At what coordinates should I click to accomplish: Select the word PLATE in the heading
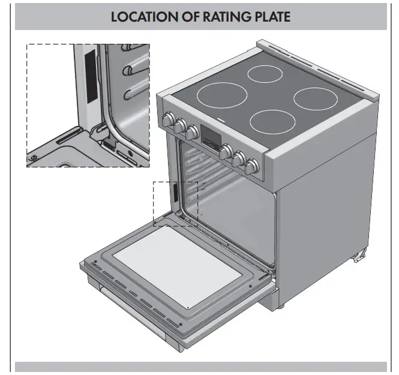pyautogui.click(x=271, y=16)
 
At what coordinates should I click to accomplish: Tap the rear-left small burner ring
pyautogui.click(x=266, y=74)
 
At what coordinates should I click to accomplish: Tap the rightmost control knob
pyautogui.click(x=254, y=164)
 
